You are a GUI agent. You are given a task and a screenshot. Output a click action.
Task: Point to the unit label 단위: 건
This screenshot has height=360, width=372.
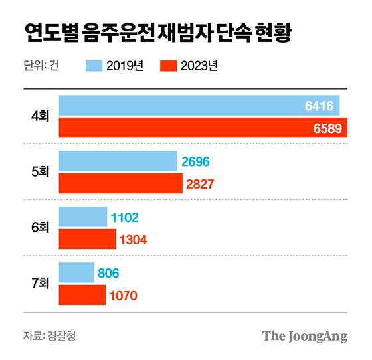(41, 65)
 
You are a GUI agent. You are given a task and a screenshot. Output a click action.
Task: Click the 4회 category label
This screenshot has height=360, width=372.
(40, 116)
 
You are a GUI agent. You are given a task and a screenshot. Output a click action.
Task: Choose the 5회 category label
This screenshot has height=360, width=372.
(40, 172)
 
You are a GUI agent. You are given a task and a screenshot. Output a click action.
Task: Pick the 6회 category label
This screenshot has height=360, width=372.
(40, 228)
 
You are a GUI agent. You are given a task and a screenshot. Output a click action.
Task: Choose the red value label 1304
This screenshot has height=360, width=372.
(131, 240)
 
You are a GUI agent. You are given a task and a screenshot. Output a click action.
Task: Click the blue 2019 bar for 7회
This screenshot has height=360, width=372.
(76, 273)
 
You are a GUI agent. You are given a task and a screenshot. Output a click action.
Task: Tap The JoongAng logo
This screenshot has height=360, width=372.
(305, 335)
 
